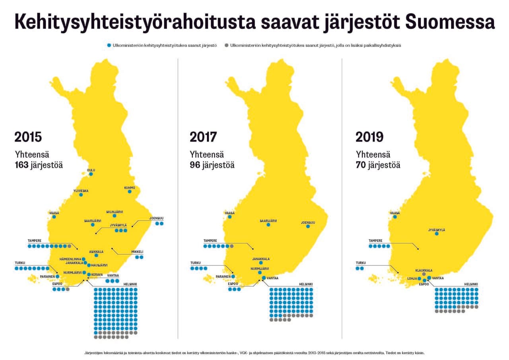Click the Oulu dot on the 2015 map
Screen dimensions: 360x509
91,174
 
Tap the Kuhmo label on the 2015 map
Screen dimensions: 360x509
130,187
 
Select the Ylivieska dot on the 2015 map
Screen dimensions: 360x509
81,195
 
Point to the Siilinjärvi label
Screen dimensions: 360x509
115,211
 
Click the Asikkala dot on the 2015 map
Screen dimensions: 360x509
96,255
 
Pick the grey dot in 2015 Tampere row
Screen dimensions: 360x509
69,246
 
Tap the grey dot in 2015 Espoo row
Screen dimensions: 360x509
68,289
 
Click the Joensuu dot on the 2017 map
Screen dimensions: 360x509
308,227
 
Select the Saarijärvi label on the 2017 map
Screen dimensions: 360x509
268,221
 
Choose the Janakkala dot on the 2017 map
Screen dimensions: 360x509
261,263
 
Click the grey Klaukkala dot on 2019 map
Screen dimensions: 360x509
424,274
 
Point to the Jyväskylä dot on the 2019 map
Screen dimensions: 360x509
437,234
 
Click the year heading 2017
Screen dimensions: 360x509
203,137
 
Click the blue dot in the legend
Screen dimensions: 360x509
109,46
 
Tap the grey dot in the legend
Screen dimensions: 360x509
226,46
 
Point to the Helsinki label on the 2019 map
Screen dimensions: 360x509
471,284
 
